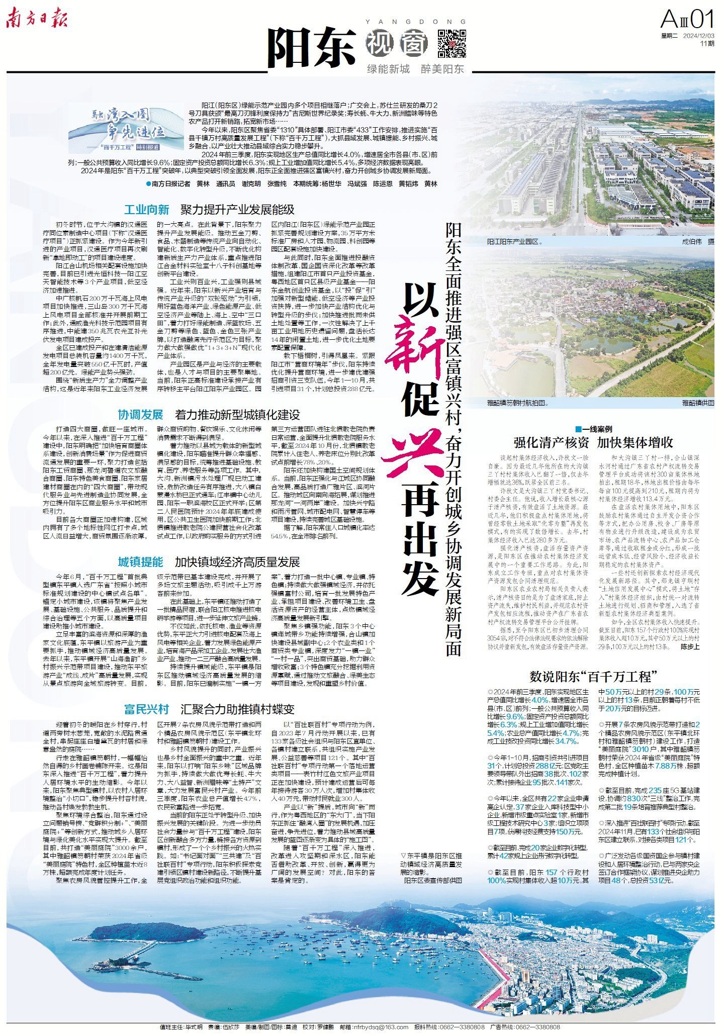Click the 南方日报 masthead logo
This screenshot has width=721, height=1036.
click(37, 20)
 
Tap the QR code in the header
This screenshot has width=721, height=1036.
click(452, 44)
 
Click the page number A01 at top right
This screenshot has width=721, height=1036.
click(687, 21)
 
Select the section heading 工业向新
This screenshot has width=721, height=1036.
click(146, 209)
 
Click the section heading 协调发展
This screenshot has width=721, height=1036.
click(140, 415)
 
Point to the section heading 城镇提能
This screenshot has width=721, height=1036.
click(140, 561)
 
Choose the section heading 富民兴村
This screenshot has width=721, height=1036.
click(147, 709)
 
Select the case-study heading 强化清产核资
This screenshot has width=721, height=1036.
click(551, 443)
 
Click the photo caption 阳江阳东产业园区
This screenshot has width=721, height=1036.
click(514, 242)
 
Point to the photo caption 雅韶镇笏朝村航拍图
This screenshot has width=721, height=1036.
click(517, 403)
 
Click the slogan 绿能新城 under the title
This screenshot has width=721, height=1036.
click(388, 69)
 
